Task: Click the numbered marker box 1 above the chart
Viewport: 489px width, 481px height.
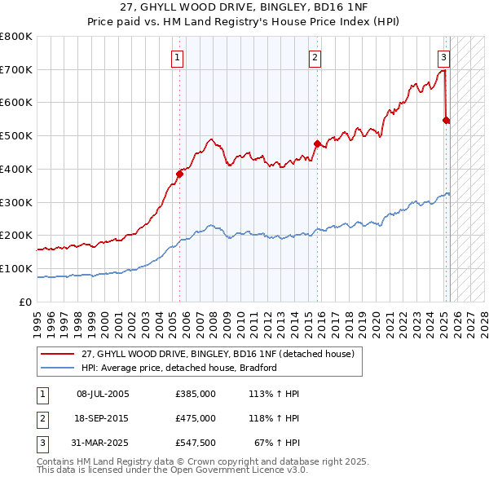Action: (x=177, y=57)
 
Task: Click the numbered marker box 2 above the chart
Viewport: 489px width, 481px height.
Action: (x=315, y=57)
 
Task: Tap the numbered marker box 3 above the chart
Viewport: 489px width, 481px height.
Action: (x=443, y=57)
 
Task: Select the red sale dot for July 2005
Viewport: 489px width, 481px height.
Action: (x=180, y=173)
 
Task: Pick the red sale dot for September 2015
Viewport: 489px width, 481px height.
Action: (x=318, y=143)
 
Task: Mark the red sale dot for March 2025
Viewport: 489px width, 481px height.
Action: (x=447, y=120)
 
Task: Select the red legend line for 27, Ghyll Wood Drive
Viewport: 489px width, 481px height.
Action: (x=58, y=355)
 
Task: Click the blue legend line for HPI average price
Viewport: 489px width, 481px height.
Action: (x=58, y=368)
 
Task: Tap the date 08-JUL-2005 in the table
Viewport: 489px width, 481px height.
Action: (x=103, y=394)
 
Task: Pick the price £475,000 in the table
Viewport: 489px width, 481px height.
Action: (x=196, y=418)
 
